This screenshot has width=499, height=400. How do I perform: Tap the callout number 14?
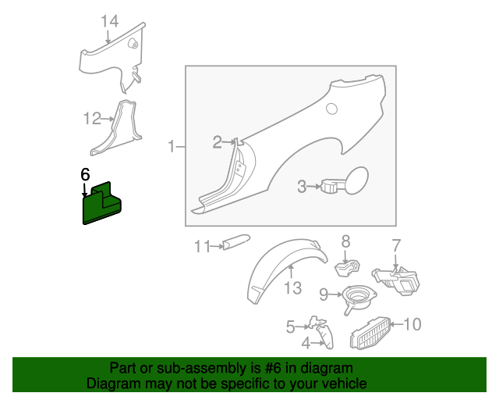(x=110, y=22)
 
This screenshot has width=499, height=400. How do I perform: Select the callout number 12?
(x=92, y=118)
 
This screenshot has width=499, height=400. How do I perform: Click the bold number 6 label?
(x=85, y=175)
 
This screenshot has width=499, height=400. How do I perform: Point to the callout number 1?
(x=172, y=146)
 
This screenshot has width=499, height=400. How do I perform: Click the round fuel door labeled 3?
(x=357, y=180)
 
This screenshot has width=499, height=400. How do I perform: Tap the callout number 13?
(x=292, y=288)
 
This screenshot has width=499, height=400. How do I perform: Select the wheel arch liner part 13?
(x=285, y=269)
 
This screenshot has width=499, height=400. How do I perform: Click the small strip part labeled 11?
(x=236, y=242)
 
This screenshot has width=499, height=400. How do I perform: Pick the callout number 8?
(x=345, y=241)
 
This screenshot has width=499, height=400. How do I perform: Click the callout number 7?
(x=395, y=245)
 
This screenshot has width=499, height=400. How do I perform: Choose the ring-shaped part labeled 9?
(x=359, y=298)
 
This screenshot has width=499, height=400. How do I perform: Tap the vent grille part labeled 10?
(x=370, y=333)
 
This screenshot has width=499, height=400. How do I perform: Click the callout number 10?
(x=412, y=324)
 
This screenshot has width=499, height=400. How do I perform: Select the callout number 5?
(x=290, y=327)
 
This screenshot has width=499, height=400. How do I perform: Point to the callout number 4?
(x=306, y=343)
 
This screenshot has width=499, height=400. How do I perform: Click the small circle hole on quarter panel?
(x=331, y=109)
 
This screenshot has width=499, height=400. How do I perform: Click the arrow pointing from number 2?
(x=228, y=142)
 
